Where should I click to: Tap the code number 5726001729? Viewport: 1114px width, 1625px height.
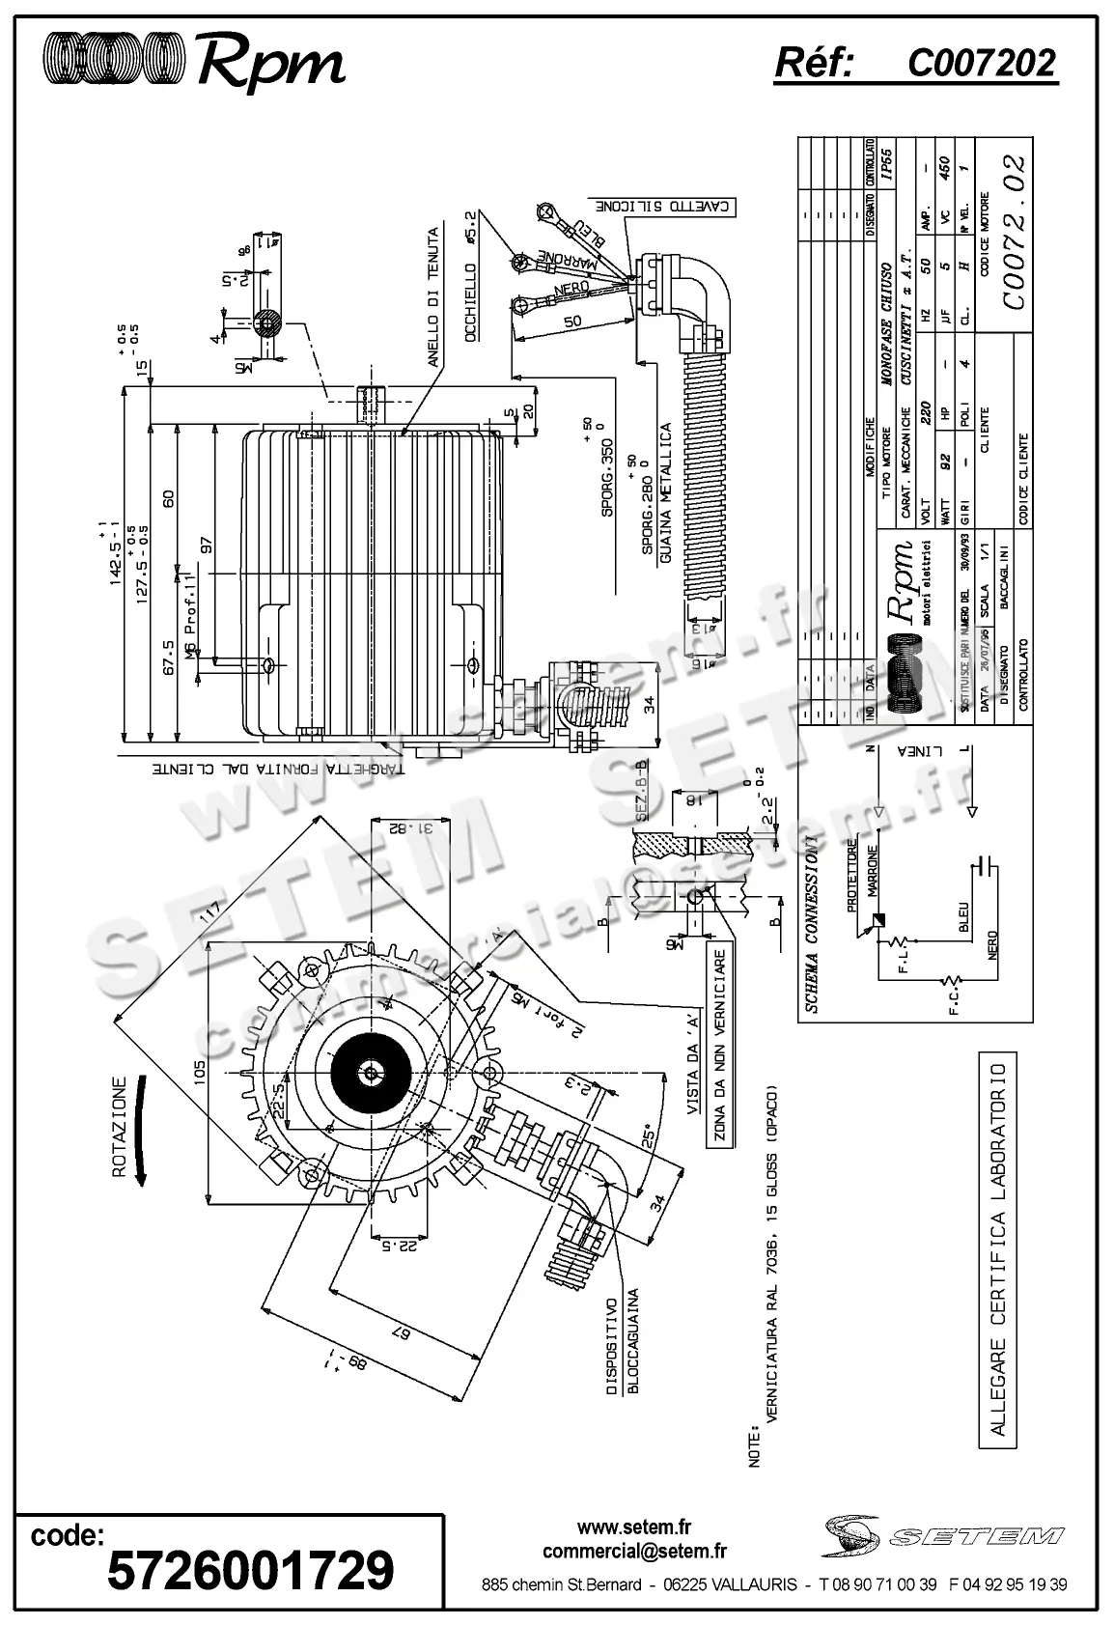(251, 1570)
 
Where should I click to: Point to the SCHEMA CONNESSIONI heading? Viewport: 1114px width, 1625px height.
(813, 931)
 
